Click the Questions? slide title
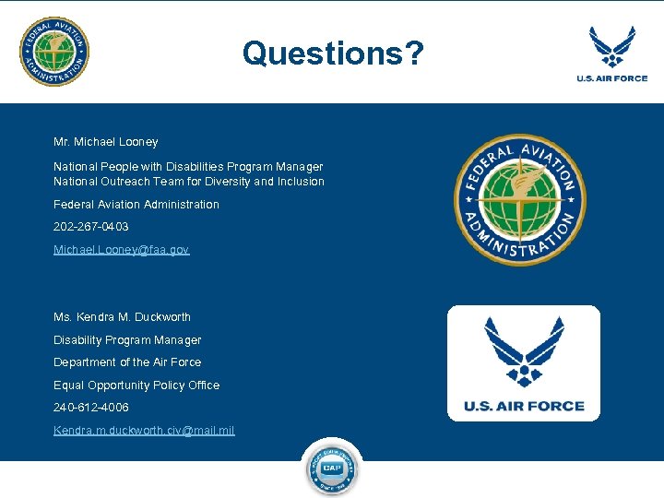pyautogui.click(x=333, y=53)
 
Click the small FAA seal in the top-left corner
pyautogui.click(x=54, y=52)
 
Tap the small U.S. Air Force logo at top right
pyautogui.click(x=612, y=53)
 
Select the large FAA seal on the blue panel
pyautogui.click(x=520, y=199)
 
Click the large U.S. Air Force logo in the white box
pyautogui.click(x=523, y=362)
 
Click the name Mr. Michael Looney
pyautogui.click(x=105, y=142)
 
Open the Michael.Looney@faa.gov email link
pyautogui.click(x=121, y=250)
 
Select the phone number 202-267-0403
pyautogui.click(x=90, y=227)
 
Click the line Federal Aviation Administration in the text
pyautogui.click(x=136, y=205)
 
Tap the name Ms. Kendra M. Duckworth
pyautogui.click(x=122, y=317)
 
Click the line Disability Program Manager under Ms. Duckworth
pyautogui.click(x=126, y=340)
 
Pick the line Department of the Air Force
pyautogui.click(x=126, y=362)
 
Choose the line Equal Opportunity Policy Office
pyautogui.click(x=136, y=385)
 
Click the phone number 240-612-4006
pyautogui.click(x=90, y=408)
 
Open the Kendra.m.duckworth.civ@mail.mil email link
pyautogui.click(x=144, y=431)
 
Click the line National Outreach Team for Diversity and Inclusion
pyautogui.click(x=188, y=182)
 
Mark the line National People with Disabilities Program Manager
pyautogui.click(x=188, y=167)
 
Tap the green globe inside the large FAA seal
pyautogui.click(x=520, y=200)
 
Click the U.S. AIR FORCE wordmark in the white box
pyautogui.click(x=523, y=406)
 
